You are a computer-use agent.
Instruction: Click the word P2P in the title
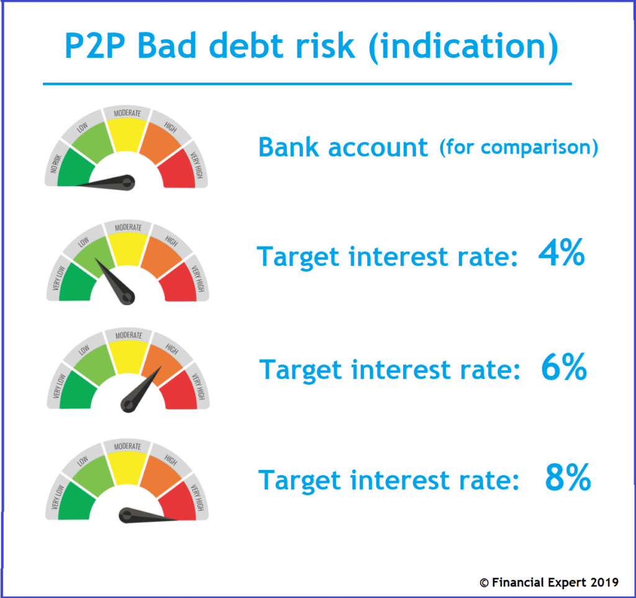(95, 45)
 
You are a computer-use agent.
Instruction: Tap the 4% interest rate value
(561, 252)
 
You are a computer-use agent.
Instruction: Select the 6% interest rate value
(564, 367)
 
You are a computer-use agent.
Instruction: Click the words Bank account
(343, 147)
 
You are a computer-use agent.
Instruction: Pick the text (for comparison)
(519, 147)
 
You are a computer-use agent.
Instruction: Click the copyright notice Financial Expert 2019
(549, 582)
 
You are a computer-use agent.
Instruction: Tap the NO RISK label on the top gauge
(55, 163)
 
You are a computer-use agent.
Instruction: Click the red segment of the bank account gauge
(178, 170)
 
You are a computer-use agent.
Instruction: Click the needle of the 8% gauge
(148, 515)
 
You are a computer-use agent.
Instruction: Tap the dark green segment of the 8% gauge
(76, 502)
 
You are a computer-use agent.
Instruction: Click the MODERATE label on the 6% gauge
(129, 335)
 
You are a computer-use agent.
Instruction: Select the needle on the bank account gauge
(106, 183)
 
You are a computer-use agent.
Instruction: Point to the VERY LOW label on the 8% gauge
(58, 497)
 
